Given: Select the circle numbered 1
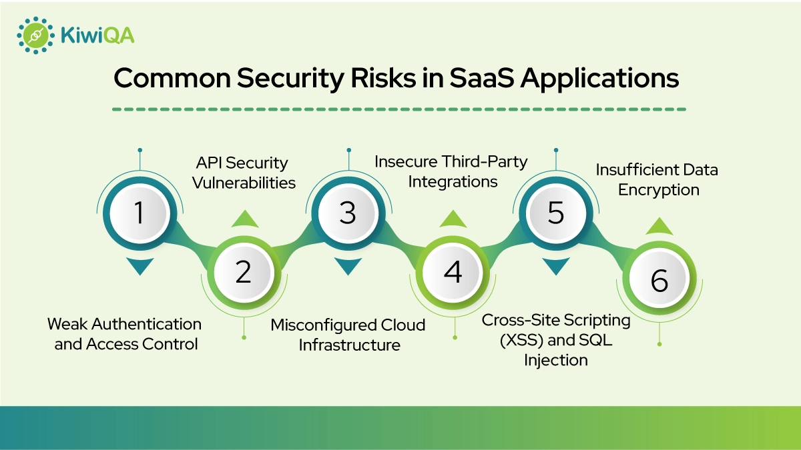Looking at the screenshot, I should click(x=140, y=213).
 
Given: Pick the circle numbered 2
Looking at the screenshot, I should click(x=244, y=272).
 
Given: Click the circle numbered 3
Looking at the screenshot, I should click(x=348, y=213).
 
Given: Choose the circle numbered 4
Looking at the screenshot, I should click(x=453, y=272).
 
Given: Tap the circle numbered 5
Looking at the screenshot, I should click(x=556, y=213).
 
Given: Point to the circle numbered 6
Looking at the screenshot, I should click(x=659, y=281).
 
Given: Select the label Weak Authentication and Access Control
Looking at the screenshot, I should click(x=125, y=334).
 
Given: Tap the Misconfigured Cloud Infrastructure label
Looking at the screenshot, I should click(x=348, y=335).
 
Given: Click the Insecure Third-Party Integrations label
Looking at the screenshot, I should click(x=451, y=171).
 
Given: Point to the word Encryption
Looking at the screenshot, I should click(x=658, y=190).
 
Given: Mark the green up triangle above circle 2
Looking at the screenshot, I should click(x=244, y=219).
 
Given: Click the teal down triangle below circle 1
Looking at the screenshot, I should click(x=140, y=267).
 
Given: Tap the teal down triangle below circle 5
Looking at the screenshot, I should click(x=556, y=267).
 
